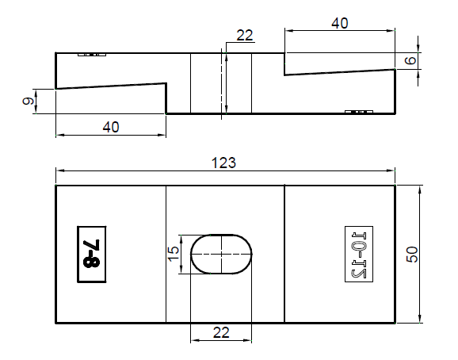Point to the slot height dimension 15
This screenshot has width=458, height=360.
(x=173, y=255)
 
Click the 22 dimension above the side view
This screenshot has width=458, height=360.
(x=244, y=34)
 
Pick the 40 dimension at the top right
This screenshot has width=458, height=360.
(x=339, y=23)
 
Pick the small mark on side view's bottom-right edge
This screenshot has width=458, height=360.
(x=359, y=112)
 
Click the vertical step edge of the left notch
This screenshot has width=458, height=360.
(x=166, y=98)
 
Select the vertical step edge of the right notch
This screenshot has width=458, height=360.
(x=284, y=64)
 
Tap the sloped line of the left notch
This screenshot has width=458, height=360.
(x=110, y=85)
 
